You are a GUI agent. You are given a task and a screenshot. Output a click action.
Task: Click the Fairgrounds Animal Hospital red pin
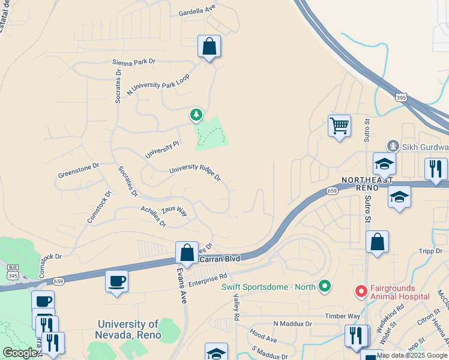(x=361, y=291)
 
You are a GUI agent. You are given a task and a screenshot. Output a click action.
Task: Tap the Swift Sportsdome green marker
(x=325, y=286)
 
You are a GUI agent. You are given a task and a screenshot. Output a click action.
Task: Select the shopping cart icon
(x=339, y=127)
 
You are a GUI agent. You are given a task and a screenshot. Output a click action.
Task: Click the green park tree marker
(x=196, y=114)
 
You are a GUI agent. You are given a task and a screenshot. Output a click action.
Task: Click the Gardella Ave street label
(x=197, y=10)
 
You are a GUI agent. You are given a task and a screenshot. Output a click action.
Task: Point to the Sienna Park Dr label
(x=133, y=62)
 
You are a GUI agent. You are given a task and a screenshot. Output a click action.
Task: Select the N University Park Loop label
(x=158, y=85)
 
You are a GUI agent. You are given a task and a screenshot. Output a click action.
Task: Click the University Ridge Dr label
(x=195, y=173)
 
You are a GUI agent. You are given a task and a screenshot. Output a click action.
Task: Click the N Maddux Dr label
(x=293, y=324)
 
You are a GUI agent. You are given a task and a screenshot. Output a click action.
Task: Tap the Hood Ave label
(x=263, y=338)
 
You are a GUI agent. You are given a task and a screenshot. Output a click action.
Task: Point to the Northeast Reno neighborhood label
(x=367, y=184)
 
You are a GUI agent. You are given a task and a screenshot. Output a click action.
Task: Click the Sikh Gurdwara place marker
(x=393, y=145)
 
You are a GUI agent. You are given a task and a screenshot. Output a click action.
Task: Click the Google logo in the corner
(x=19, y=353)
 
